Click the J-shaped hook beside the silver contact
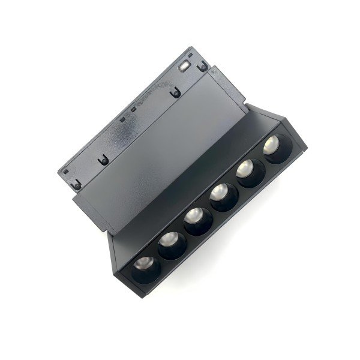point(204,68)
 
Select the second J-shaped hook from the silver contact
point(175,92)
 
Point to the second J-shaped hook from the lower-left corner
point(104,160)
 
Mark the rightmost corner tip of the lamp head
point(307,146)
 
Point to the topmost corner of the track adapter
point(194,47)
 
